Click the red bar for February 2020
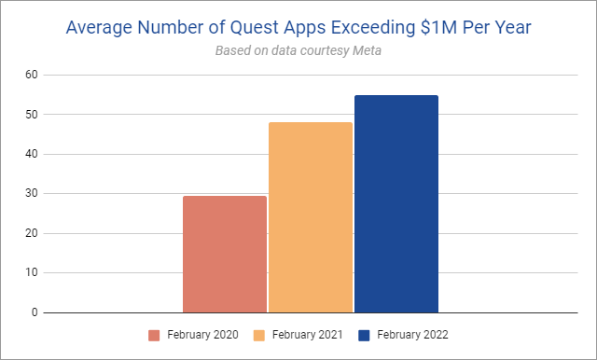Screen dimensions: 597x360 (225, 255)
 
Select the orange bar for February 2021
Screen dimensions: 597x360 (311, 217)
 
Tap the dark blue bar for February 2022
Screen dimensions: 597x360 (396, 204)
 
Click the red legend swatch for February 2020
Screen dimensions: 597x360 (154, 335)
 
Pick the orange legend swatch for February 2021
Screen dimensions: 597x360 (259, 335)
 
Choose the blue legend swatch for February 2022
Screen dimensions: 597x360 (364, 335)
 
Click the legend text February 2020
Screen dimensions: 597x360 (202, 335)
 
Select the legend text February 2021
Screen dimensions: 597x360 (307, 335)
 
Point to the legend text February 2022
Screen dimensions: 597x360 (412, 335)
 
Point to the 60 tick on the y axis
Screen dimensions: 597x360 (32, 75)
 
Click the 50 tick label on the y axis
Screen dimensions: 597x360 (32, 114)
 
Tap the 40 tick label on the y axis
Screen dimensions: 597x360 (32, 154)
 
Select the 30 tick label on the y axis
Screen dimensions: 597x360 (32, 193)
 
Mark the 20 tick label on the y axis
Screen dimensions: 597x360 (32, 233)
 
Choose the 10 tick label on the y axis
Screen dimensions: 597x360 (32, 272)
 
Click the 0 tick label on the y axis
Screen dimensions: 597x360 (35, 312)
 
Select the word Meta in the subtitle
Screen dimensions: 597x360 (367, 50)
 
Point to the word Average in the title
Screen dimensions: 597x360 (99, 28)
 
